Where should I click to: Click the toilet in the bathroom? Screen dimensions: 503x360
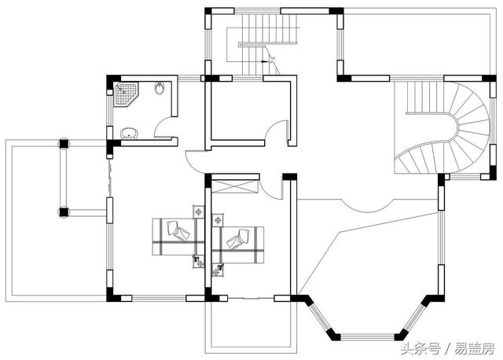click(x=160, y=88)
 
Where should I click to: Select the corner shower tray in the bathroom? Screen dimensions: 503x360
click(x=127, y=94)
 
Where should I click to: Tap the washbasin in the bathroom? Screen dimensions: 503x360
click(x=130, y=133)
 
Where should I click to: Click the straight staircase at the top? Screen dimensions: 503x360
click(x=270, y=42)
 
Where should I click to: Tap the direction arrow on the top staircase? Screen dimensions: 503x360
click(x=266, y=61)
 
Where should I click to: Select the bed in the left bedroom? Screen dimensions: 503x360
click(x=178, y=237)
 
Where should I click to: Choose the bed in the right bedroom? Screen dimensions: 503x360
click(x=237, y=244)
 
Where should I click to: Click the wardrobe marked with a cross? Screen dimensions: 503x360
click(x=235, y=187)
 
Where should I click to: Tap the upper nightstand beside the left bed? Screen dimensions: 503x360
click(x=199, y=212)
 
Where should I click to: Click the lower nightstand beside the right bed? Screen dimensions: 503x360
click(x=218, y=270)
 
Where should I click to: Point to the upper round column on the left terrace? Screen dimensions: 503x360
click(x=64, y=144)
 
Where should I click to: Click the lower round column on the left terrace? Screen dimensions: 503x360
click(x=64, y=212)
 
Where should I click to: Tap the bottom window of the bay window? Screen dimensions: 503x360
click(x=367, y=337)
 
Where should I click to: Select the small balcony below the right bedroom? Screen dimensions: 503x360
click(x=251, y=325)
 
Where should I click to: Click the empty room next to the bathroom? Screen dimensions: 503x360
click(x=250, y=111)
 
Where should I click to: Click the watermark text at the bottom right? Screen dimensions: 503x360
click(x=448, y=349)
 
